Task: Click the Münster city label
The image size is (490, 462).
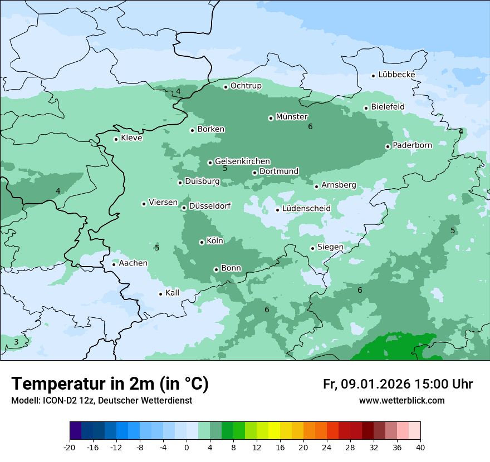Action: coord(292,117)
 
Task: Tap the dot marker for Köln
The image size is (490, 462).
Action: coord(202,242)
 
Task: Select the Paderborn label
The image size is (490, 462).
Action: coord(412,146)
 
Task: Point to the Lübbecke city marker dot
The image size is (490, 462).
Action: coord(374,76)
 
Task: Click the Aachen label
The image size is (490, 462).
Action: coord(133,263)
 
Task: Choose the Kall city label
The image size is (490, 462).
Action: coord(173,293)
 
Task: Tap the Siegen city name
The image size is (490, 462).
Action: coord(330,247)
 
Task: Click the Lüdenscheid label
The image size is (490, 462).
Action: coord(306,209)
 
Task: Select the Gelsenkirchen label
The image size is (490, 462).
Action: coord(242,161)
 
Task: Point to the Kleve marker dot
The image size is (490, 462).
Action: coord(116,139)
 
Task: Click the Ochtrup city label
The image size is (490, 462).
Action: coord(246,86)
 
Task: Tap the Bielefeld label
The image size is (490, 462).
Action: coord(388,107)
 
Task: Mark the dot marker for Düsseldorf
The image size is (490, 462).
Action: coord(184,208)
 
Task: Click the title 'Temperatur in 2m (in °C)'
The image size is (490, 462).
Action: coord(110,384)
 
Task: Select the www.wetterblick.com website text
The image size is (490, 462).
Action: coord(401,401)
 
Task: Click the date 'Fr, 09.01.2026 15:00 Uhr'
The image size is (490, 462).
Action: coord(398,384)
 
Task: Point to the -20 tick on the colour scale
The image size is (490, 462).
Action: coord(70,448)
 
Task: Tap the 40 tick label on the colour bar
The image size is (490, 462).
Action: coord(420,448)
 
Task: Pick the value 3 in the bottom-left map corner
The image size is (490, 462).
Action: coord(16,342)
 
